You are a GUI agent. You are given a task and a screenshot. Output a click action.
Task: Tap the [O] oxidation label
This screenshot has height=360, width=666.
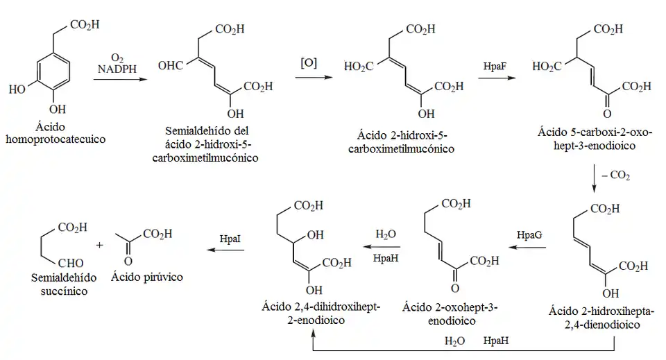coord(309,63)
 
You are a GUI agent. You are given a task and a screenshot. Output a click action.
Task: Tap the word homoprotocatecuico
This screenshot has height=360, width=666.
coord(55,139)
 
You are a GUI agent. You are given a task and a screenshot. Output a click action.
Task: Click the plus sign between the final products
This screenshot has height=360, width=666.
coord(101,245)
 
